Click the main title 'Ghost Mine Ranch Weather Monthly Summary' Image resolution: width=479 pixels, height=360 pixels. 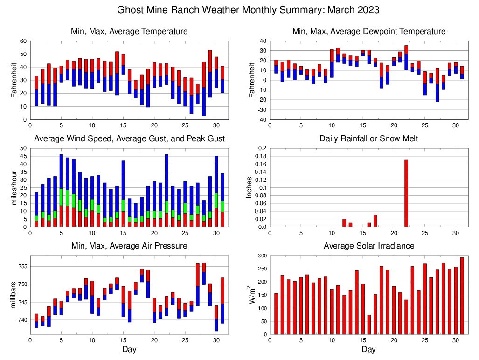point(248,10)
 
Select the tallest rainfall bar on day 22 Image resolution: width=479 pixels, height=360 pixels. point(406,193)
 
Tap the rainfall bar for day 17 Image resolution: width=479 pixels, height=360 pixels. point(375,221)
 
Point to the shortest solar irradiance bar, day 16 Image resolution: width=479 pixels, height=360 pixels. point(369,325)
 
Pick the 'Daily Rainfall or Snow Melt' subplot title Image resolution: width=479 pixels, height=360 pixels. point(368,138)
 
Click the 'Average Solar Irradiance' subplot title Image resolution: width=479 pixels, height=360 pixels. point(368,246)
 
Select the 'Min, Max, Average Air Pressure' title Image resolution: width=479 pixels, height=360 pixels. point(129,246)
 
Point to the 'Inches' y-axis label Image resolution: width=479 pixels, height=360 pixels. point(250,187)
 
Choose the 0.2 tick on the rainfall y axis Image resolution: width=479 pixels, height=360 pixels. point(262,148)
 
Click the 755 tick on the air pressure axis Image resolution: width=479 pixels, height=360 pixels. point(21,267)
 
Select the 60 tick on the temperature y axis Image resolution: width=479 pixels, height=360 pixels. point(22,41)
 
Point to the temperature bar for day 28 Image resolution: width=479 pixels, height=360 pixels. point(204,89)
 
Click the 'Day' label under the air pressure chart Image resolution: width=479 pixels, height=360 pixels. point(129,349)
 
